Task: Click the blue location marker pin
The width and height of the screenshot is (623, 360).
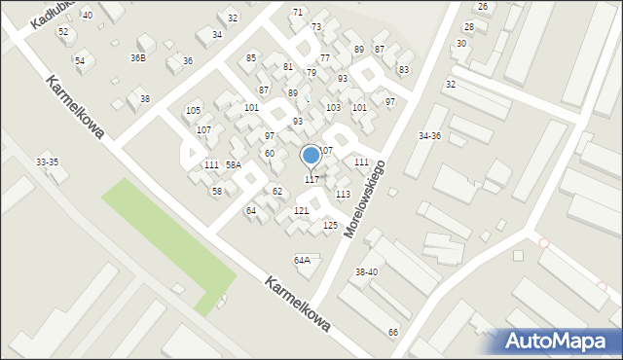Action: click(311, 155)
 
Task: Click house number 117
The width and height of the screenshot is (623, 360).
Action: click(311, 179)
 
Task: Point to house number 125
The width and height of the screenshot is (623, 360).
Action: click(330, 226)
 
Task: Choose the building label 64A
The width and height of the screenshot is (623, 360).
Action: click(303, 260)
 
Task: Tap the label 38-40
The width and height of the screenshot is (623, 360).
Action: click(366, 271)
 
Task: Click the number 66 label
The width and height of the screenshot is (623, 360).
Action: click(393, 333)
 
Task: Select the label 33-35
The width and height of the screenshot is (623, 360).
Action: click(47, 162)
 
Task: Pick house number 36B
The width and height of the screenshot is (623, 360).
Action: click(138, 58)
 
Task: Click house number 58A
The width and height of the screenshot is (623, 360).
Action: click(234, 165)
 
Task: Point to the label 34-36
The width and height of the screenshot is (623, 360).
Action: click(429, 135)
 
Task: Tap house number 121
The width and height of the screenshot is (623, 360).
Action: click(301, 211)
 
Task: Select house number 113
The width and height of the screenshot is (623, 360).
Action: click(343, 195)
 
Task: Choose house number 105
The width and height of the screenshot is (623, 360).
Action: click(193, 111)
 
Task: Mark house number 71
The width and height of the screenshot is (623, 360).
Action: click(298, 12)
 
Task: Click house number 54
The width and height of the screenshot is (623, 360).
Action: click(80, 60)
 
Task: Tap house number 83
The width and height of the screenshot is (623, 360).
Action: click(404, 70)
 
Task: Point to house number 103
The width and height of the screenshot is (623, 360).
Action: click(333, 108)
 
